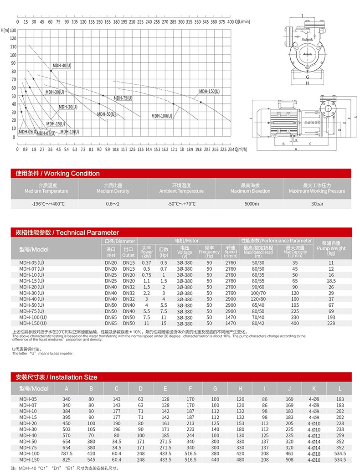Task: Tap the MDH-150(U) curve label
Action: [x=209, y=92]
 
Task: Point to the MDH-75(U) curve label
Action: [x=123, y=98]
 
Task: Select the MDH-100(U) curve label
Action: [x=162, y=116]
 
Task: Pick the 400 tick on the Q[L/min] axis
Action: [x=230, y=21]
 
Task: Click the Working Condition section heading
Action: [x=57, y=173]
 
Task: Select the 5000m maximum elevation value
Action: [x=252, y=204]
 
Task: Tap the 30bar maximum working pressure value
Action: [x=317, y=204]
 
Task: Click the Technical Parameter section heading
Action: [x=67, y=232]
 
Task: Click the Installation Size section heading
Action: [x=56, y=377]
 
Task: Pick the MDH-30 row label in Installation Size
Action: [x=28, y=429]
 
